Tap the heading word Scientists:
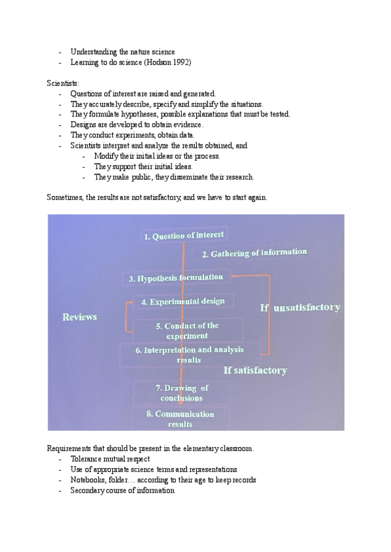tap(63, 83)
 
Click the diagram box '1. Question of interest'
tap(184, 236)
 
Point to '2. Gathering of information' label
tap(253, 253)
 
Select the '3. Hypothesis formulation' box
tap(176, 278)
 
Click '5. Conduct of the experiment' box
tap(187, 330)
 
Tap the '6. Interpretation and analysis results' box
tap(189, 354)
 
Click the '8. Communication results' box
tap(180, 418)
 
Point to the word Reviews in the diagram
tap(80, 317)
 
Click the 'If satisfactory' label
tap(255, 370)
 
